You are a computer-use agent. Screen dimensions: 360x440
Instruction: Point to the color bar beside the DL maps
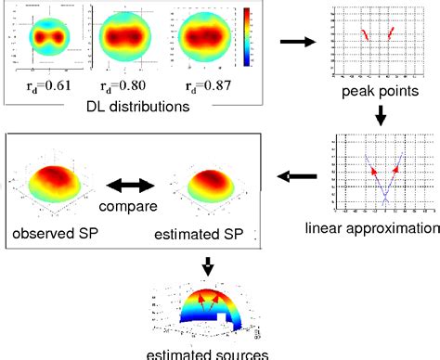[247, 38]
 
